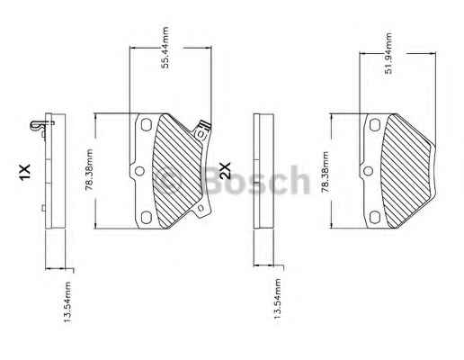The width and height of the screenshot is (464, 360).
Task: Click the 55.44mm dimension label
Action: [165, 48]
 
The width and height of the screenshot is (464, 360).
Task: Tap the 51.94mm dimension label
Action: [388, 53]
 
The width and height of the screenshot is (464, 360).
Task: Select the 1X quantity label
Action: [24, 172]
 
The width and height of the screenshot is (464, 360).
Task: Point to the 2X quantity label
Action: [225, 170]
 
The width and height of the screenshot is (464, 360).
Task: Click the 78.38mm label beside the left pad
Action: [89, 170]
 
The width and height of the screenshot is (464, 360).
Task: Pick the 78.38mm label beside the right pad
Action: [326, 172]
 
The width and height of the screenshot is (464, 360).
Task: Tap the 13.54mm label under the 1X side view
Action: [67, 301]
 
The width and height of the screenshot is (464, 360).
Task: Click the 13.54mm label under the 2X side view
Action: [277, 301]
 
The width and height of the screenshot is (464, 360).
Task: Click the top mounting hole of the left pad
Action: [147, 124]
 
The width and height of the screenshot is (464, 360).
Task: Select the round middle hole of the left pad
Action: [139, 171]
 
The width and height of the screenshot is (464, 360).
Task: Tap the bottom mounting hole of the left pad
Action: [146, 217]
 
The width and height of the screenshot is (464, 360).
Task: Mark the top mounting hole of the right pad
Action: [375, 125]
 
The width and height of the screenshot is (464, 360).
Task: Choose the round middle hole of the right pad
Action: [368, 171]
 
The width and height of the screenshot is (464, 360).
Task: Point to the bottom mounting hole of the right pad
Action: [375, 217]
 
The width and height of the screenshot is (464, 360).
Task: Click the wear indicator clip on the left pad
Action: [202, 130]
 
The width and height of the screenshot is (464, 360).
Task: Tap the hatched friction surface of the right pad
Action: [407, 170]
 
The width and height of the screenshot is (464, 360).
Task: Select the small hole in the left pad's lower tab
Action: [201, 208]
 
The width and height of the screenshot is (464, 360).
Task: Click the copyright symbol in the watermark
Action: [167, 181]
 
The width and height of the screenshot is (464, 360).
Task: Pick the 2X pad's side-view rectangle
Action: [263, 171]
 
